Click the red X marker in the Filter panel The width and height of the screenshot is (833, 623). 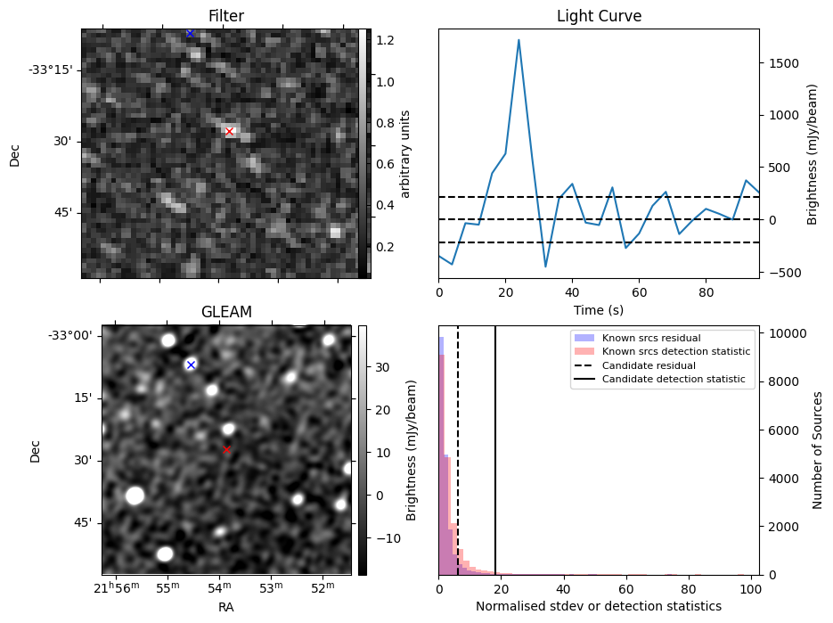click(x=229, y=132)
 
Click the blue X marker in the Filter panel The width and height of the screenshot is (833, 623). click(x=190, y=33)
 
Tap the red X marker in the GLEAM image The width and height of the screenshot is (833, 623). click(x=226, y=450)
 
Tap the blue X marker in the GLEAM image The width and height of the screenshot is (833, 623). click(x=191, y=365)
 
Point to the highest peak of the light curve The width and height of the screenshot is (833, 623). click(x=519, y=40)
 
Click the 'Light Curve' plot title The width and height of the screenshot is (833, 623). click(x=599, y=16)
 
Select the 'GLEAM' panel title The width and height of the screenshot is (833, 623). click(x=227, y=312)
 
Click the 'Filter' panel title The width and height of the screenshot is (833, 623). click(x=226, y=16)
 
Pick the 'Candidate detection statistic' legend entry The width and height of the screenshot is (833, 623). click(x=675, y=380)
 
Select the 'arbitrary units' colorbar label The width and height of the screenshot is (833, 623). click(x=405, y=153)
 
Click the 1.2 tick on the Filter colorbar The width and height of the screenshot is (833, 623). click(x=386, y=40)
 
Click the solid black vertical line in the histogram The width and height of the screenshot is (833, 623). click(x=495, y=446)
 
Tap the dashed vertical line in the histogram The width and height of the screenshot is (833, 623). click(x=458, y=446)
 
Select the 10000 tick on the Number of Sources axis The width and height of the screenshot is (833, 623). click(x=787, y=333)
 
